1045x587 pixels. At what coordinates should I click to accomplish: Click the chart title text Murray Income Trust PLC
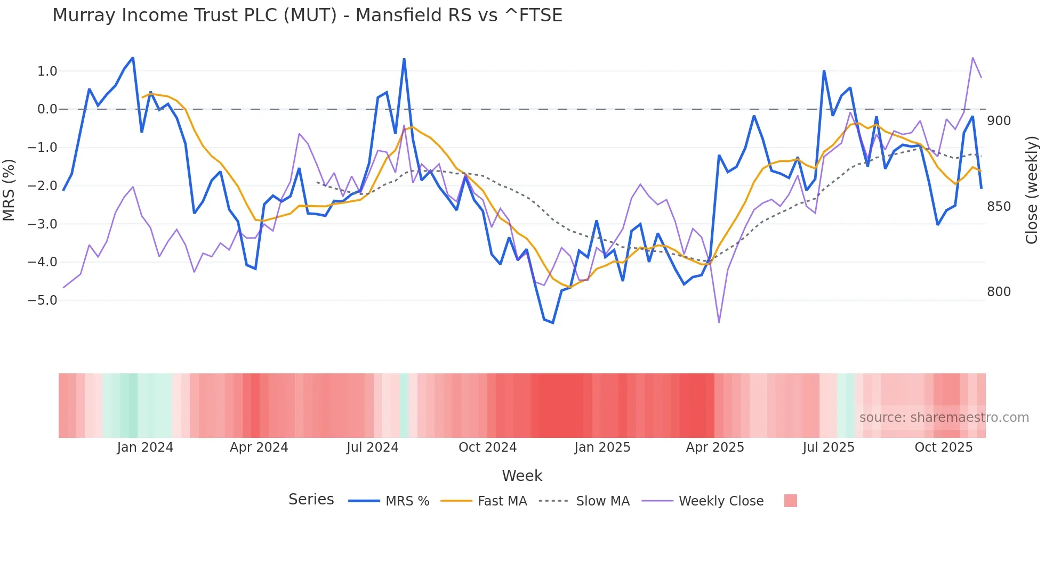pyautogui.click(x=307, y=15)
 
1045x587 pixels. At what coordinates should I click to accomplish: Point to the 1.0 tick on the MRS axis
pyautogui.click(x=47, y=71)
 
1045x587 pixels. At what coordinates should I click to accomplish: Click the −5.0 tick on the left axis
pyautogui.click(x=42, y=300)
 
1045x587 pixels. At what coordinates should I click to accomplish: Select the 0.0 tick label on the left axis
pyautogui.click(x=47, y=110)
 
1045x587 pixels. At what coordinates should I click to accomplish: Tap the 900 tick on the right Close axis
pyautogui.click(x=999, y=121)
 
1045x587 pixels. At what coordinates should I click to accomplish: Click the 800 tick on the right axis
pyautogui.click(x=999, y=292)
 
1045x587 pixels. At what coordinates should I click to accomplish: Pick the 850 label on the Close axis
pyautogui.click(x=999, y=207)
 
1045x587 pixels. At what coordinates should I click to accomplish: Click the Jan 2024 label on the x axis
pyautogui.click(x=145, y=447)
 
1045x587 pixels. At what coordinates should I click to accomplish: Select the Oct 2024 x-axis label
pyautogui.click(x=487, y=447)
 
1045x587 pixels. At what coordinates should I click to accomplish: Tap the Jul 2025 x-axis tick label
pyautogui.click(x=828, y=447)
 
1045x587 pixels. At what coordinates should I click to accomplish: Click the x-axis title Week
pyautogui.click(x=522, y=476)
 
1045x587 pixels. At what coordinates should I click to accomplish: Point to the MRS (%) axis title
pyautogui.click(x=9, y=190)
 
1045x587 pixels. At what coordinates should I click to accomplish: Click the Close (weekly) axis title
pyautogui.click(x=1032, y=190)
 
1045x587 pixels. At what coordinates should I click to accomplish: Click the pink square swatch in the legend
pyautogui.click(x=790, y=501)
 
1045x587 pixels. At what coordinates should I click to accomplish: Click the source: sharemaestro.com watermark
pyautogui.click(x=944, y=418)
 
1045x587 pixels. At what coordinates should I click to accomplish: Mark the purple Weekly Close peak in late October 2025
pyautogui.click(x=972, y=58)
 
